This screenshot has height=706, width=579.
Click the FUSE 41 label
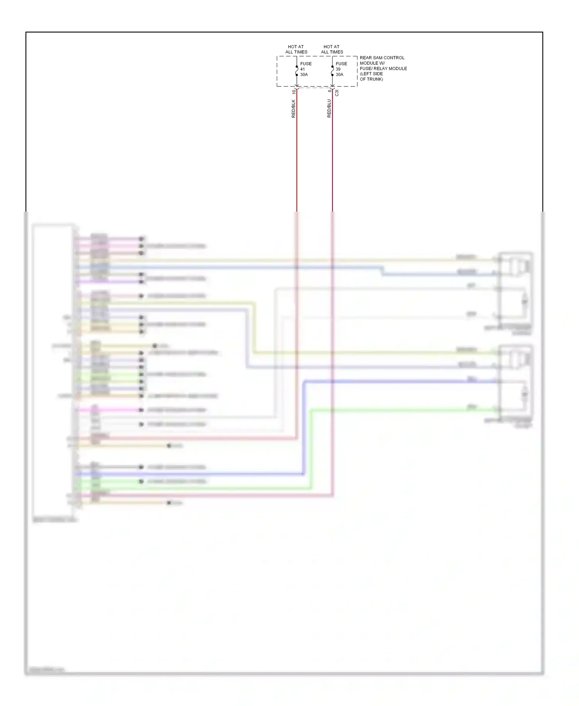[305, 66]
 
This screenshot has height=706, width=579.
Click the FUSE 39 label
[341, 66]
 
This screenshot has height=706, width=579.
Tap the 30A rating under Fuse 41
[304, 75]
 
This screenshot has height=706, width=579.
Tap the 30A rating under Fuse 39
[339, 75]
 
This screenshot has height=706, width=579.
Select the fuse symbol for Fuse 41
[297, 71]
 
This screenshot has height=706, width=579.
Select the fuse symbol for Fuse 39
[332, 71]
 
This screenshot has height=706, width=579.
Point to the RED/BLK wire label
[293, 109]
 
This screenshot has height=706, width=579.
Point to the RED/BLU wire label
[329, 109]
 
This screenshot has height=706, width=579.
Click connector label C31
[337, 93]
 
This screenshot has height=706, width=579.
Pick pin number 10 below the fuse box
[294, 92]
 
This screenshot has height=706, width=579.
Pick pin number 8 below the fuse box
[329, 91]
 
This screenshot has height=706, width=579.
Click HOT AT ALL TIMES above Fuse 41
[296, 49]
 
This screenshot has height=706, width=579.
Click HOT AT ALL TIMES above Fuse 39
[332, 49]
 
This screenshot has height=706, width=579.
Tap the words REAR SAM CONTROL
[382, 58]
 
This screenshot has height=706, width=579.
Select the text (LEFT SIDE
[371, 74]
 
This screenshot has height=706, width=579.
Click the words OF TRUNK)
[371, 79]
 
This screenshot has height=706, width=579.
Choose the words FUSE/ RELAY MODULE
[383, 68]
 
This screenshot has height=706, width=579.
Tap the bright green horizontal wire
[386, 410]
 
